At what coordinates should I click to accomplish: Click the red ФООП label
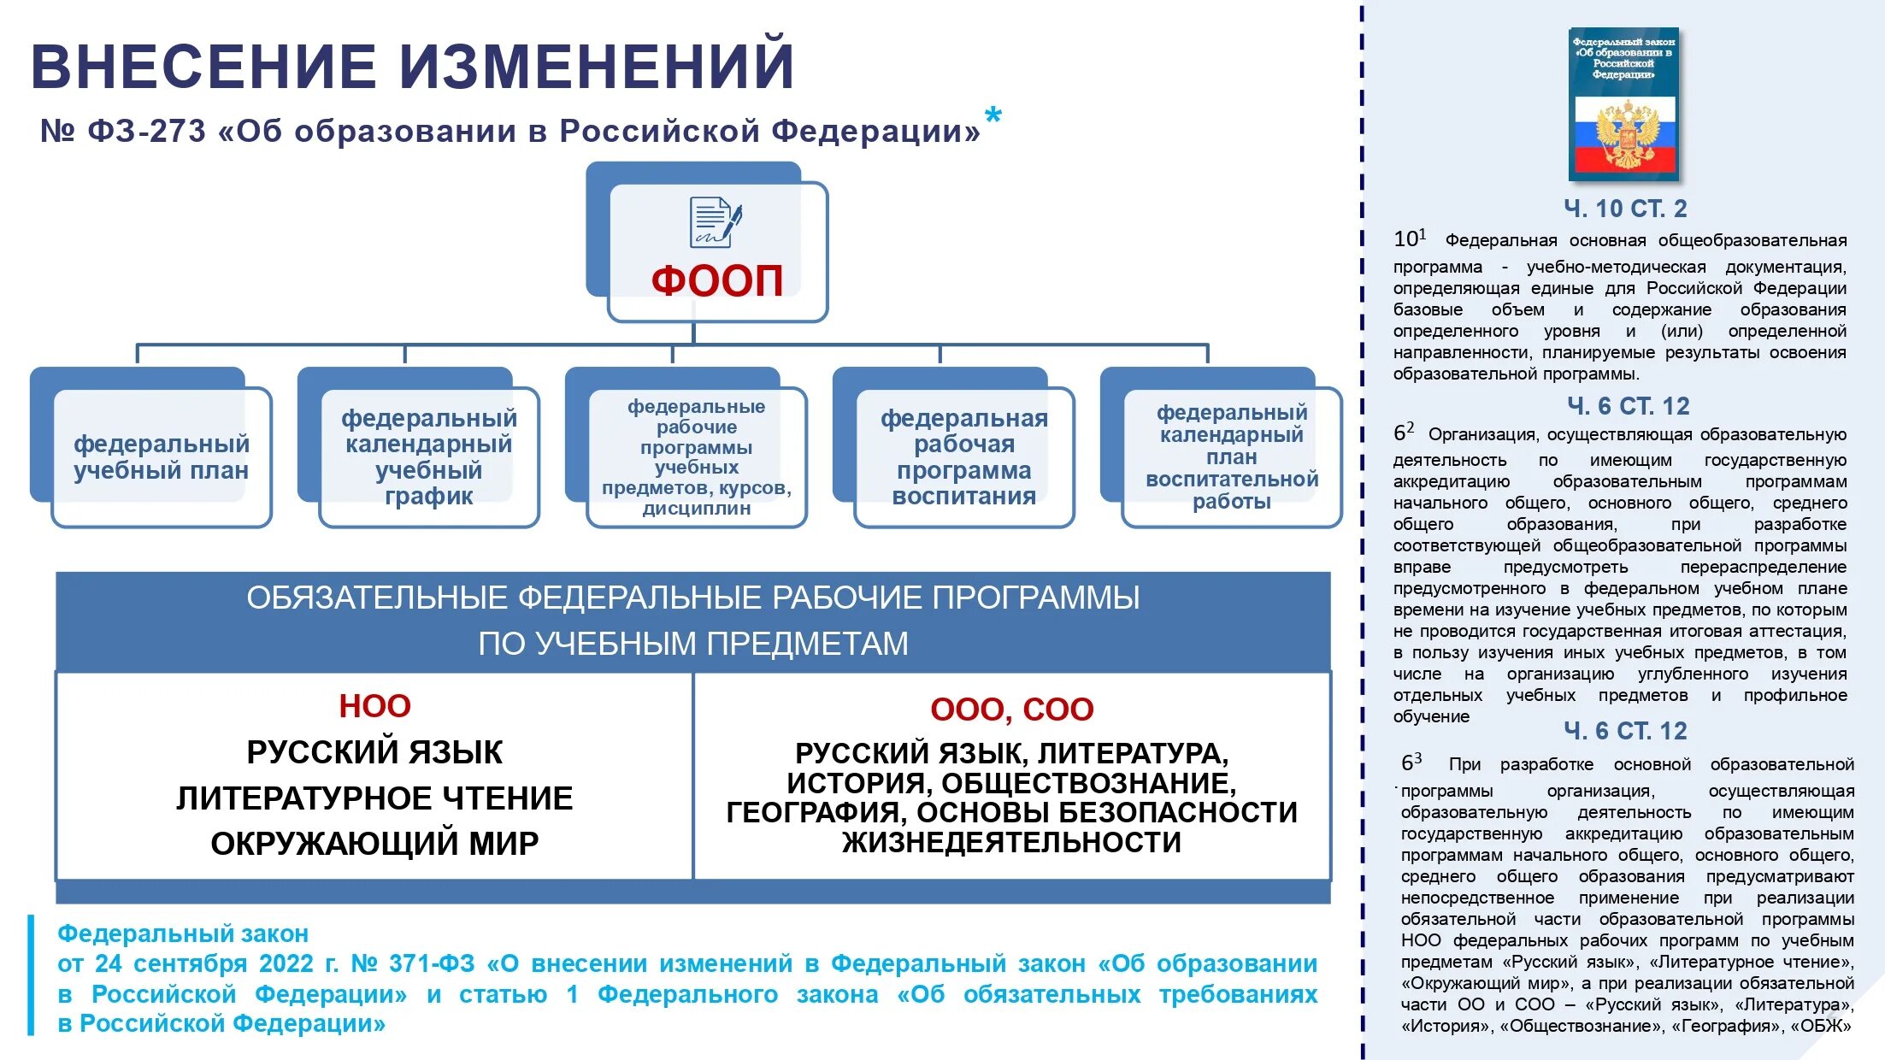pyautogui.click(x=716, y=280)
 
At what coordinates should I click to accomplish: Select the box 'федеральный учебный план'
pyautogui.click(x=161, y=456)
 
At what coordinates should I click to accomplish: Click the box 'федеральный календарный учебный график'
pyautogui.click(x=428, y=456)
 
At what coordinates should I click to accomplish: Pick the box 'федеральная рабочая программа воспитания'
pyautogui.click(x=963, y=456)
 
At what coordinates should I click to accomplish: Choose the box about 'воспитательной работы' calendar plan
pyautogui.click(x=1231, y=456)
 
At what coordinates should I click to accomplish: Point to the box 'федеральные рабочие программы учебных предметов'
pyautogui.click(x=696, y=456)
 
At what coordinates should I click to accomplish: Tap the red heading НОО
pyautogui.click(x=374, y=706)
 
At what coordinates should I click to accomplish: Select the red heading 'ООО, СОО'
pyautogui.click(x=1011, y=710)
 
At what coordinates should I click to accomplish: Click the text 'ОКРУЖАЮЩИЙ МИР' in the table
pyautogui.click(x=374, y=844)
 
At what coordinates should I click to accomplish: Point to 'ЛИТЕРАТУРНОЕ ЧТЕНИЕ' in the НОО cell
pyautogui.click(x=374, y=798)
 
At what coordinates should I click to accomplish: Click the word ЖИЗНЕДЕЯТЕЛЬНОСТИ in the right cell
pyautogui.click(x=1011, y=843)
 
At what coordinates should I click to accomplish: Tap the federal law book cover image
pyautogui.click(x=1623, y=103)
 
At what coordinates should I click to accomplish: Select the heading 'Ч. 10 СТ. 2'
pyautogui.click(x=1625, y=209)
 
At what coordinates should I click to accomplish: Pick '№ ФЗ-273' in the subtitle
pyautogui.click(x=123, y=132)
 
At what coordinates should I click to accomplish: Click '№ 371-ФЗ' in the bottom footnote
pyautogui.click(x=413, y=964)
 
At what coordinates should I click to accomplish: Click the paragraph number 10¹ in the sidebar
pyautogui.click(x=1409, y=238)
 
